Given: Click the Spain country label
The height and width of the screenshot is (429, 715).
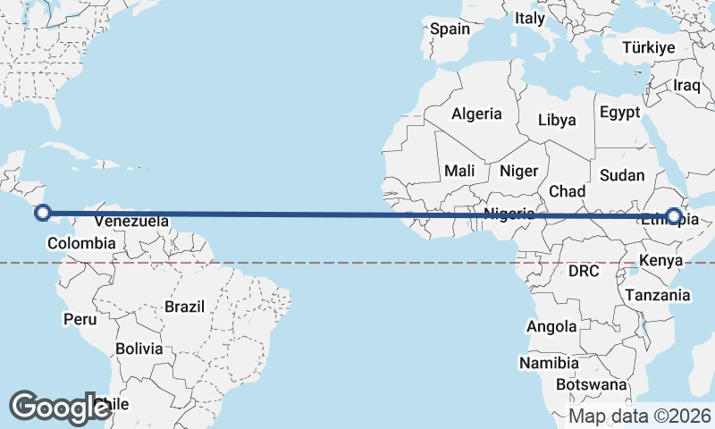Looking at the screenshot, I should point(450,29).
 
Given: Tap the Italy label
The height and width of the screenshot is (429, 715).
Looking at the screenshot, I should point(530,18).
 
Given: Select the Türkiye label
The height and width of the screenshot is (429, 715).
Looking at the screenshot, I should point(649,47).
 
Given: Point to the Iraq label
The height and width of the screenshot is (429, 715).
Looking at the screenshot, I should point(687,85).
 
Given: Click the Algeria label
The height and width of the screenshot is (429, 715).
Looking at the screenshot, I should point(476,114).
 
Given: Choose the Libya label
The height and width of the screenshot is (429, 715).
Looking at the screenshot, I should point(557,120).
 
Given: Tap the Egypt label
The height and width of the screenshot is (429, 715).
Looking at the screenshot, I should point(620,113).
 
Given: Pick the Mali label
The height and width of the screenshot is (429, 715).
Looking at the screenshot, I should point(459,171).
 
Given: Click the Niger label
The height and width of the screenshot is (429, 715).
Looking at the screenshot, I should point(518,171).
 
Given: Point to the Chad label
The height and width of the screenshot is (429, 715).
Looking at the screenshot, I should point(567,191).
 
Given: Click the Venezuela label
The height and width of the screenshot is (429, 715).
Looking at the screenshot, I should point(131,221).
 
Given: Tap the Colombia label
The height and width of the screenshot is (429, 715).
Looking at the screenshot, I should point(81,243).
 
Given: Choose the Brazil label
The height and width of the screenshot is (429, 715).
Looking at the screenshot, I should point(184,307).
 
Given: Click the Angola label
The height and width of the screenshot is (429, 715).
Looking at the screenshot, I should point(551,327).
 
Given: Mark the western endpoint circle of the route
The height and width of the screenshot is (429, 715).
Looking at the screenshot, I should point(42,213).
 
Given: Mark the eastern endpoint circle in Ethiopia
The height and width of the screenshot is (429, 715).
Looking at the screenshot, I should point(673,215).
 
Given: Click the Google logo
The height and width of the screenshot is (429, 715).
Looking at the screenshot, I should point(60,407).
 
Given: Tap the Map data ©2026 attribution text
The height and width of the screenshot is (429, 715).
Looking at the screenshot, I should point(639,416).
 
